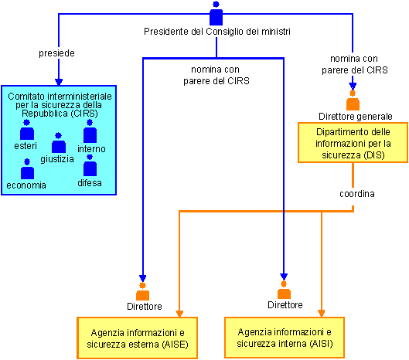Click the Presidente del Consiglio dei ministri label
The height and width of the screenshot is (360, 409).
217,32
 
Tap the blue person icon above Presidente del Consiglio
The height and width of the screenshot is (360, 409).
216,14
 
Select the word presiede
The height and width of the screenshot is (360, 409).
56,53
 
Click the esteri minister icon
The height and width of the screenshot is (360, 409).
27,130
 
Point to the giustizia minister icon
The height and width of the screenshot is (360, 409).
59,143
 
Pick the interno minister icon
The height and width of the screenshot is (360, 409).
90,131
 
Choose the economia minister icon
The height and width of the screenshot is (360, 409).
27,169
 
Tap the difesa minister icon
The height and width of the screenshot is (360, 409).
90,165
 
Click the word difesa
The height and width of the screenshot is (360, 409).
90,183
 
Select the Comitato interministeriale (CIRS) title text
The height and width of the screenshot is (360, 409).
60,105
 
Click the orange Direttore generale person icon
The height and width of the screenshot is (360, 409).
353,100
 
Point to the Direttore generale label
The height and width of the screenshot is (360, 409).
356,116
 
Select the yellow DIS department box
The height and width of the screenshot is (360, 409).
353,143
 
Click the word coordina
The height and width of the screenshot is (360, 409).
357,194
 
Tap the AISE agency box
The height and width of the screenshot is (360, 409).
137,338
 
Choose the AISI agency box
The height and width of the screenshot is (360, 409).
285,338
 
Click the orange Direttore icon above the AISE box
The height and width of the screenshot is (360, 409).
143,291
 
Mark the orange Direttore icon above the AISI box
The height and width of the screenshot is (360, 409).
284,290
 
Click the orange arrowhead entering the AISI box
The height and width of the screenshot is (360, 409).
322,314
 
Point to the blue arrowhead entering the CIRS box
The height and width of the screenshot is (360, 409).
59,82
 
